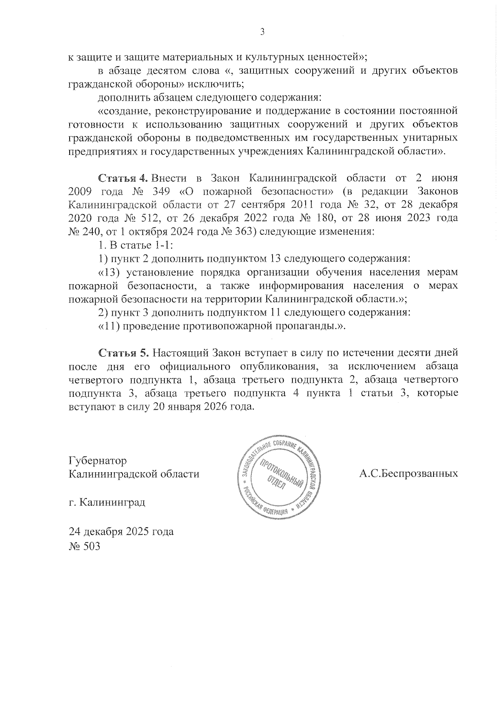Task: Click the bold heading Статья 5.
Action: tap(123, 353)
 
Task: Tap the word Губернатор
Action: tap(97, 461)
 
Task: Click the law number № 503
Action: tap(84, 546)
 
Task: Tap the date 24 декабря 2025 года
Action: tap(121, 531)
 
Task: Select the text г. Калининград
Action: tap(107, 502)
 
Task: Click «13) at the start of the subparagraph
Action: tap(110, 273)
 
